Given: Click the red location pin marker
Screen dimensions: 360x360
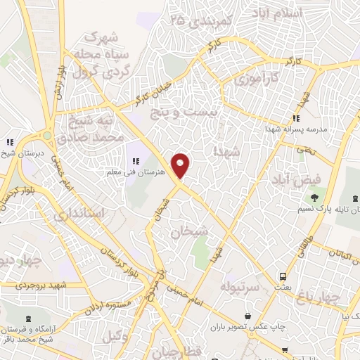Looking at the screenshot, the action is pyautogui.click(x=181, y=165).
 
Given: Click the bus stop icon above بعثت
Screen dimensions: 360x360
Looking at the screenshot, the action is pyautogui.click(x=282, y=276).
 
